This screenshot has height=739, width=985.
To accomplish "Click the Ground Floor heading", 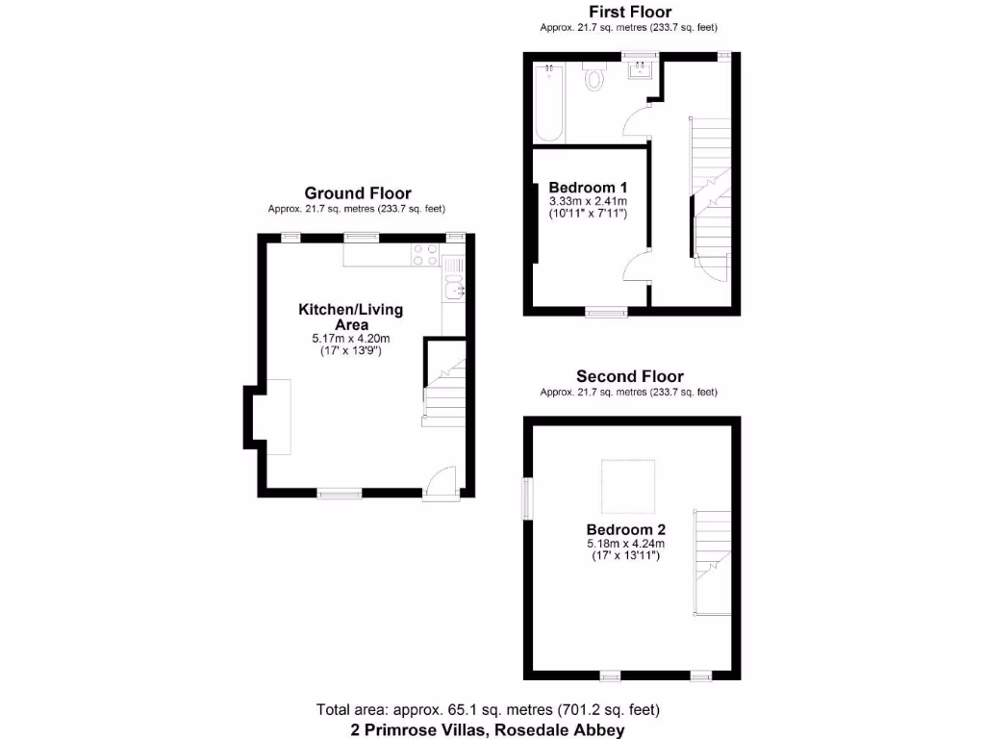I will [357, 193].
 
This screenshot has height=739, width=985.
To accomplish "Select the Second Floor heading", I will [629, 376].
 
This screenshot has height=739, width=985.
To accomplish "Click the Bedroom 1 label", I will [588, 187].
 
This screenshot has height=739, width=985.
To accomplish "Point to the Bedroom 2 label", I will [626, 529].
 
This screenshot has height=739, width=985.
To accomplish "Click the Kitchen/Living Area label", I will [350, 317].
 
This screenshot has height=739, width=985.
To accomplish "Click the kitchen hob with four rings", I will [425, 255].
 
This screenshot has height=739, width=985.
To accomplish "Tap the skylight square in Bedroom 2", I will [629, 487].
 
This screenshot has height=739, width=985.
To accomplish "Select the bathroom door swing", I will [638, 121].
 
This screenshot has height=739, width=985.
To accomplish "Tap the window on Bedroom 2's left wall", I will [526, 497].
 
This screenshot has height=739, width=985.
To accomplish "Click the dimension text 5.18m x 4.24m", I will [626, 545].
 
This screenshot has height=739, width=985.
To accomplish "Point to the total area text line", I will [488, 710].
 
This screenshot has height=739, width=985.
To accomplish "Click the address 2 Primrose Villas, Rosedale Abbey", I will [488, 729].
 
